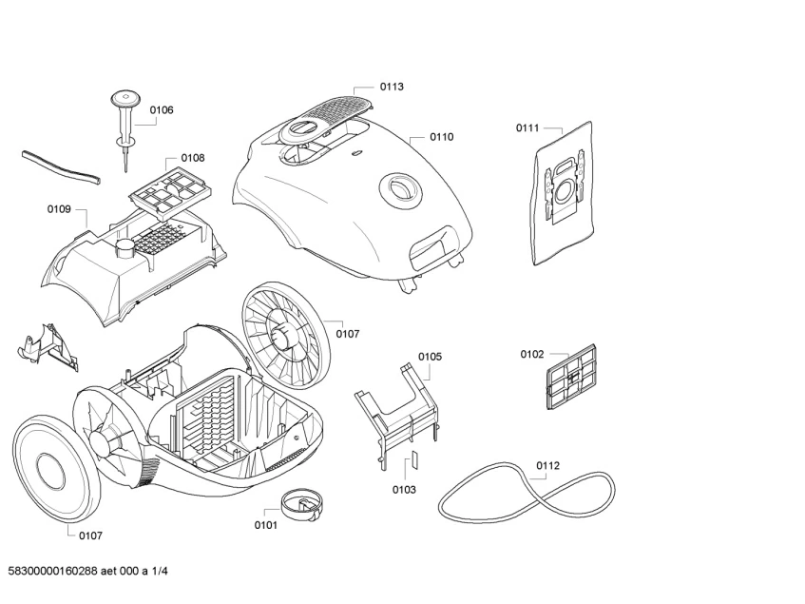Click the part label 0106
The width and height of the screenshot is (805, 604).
pos(162,110)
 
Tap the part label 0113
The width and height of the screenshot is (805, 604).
pos(392,87)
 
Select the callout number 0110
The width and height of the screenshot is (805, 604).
pos(441,137)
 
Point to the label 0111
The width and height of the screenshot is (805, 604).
pos(527,127)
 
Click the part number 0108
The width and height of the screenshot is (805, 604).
pos(192,158)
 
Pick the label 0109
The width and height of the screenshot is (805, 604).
pos(60,208)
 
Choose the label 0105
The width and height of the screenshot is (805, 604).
pos(430,357)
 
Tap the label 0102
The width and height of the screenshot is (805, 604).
pos(531,355)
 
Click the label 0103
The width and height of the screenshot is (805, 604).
pos(404,490)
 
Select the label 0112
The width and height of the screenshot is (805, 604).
pos(547,465)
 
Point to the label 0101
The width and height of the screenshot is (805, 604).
pos(266,525)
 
